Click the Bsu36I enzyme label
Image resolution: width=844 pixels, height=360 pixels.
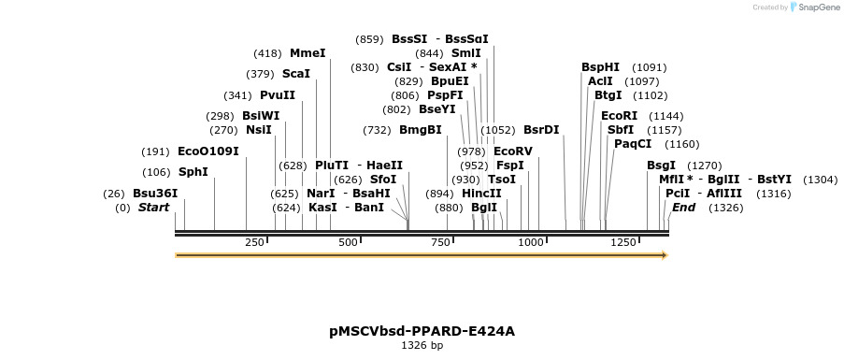click(154, 194)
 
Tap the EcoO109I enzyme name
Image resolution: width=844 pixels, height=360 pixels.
click(207, 151)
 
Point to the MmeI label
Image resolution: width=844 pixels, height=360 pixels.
click(308, 53)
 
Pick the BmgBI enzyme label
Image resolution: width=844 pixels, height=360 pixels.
click(420, 130)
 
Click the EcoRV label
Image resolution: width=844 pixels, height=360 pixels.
click(512, 151)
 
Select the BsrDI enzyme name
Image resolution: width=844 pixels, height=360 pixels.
click(541, 130)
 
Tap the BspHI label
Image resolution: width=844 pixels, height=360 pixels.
click(600, 67)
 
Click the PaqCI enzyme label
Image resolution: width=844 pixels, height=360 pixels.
click(633, 144)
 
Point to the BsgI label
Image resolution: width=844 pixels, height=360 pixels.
click(661, 166)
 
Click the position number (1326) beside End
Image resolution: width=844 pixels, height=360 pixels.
click(725, 208)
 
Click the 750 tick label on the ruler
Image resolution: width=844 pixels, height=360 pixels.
click(439, 242)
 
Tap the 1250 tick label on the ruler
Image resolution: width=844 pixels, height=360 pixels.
click(623, 242)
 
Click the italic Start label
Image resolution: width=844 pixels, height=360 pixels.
click(154, 208)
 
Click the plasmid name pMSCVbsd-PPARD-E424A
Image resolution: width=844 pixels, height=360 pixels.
click(422, 331)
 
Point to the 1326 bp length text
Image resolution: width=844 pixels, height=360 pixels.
click(422, 346)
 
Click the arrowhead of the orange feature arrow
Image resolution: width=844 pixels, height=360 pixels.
click(664, 254)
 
